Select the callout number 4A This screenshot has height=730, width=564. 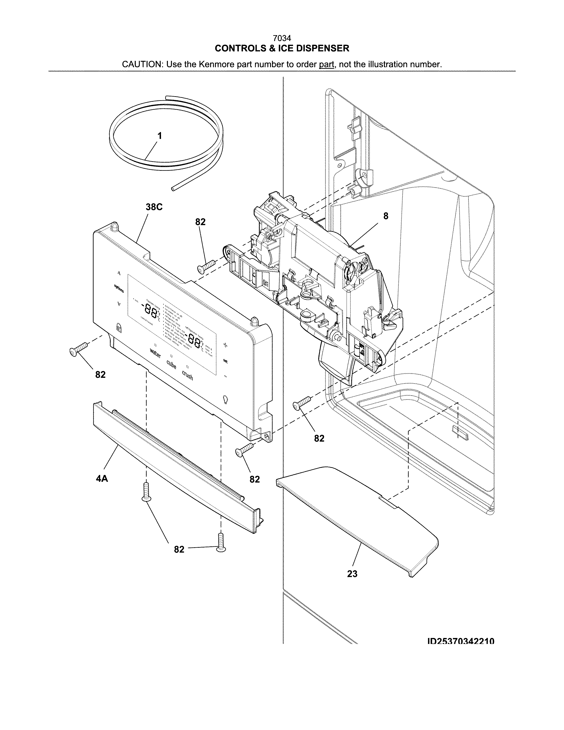tap(102, 479)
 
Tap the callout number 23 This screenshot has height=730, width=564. tap(352, 574)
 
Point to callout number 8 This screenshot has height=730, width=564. tap(386, 216)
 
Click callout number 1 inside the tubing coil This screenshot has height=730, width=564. tap(160, 136)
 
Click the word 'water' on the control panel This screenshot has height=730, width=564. tap(155, 353)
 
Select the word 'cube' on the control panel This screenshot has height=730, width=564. tap(171, 364)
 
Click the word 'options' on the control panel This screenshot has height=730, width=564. tap(119, 288)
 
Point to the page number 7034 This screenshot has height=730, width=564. tap(282, 39)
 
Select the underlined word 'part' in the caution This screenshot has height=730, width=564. tap(326, 65)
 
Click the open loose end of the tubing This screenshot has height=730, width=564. tap(173, 190)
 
